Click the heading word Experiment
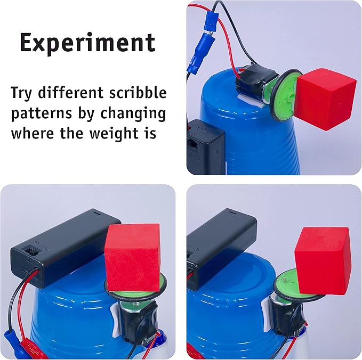point(87,43)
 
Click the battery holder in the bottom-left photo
point(64,244)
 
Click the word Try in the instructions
point(24,94)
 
